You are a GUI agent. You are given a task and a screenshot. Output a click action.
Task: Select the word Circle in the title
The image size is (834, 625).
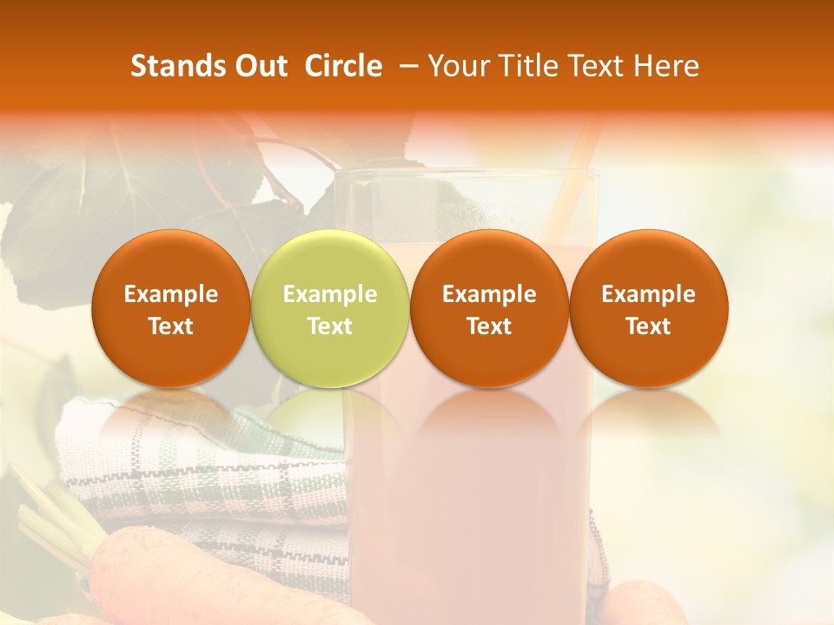tap(343, 66)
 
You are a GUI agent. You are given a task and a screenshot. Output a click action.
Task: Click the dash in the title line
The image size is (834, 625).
tap(405, 66)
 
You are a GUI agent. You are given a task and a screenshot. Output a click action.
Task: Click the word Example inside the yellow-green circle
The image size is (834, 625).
tap(330, 294)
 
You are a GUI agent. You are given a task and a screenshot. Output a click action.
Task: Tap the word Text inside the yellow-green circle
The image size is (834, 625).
tap(330, 326)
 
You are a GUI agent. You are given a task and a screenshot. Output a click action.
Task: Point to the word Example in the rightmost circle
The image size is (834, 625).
tap(649, 294)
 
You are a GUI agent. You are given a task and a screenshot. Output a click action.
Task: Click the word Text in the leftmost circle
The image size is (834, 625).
tap(171, 326)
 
